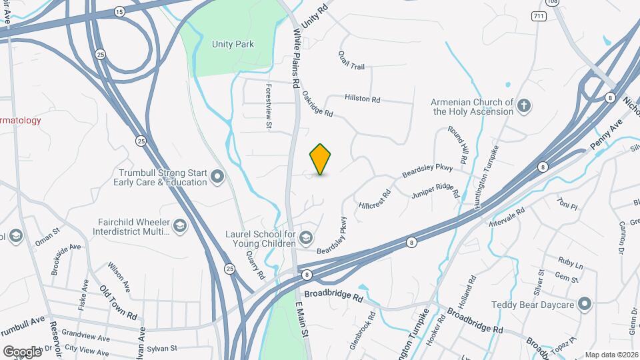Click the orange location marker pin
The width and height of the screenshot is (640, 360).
[321, 159]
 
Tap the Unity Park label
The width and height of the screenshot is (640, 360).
[233, 44]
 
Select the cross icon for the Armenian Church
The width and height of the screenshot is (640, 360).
[525, 105]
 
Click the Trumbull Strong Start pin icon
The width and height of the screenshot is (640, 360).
[217, 177]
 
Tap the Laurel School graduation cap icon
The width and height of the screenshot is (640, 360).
[305, 238]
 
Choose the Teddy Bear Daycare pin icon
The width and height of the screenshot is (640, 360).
[585, 305]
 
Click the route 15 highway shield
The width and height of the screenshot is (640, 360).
[119, 12]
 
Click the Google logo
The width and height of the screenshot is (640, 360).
[22, 351]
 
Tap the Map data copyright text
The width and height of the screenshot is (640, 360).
[611, 355]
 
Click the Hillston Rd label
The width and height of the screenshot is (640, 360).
[362, 99]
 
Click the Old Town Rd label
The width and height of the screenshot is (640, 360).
[119, 301]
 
